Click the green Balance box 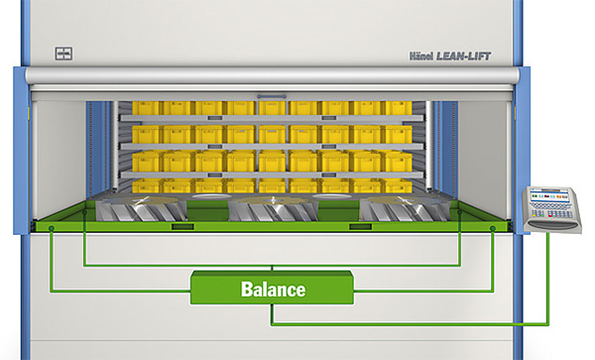click(273, 289)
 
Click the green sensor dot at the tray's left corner click(51, 231)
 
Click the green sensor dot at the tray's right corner click(494, 231)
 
